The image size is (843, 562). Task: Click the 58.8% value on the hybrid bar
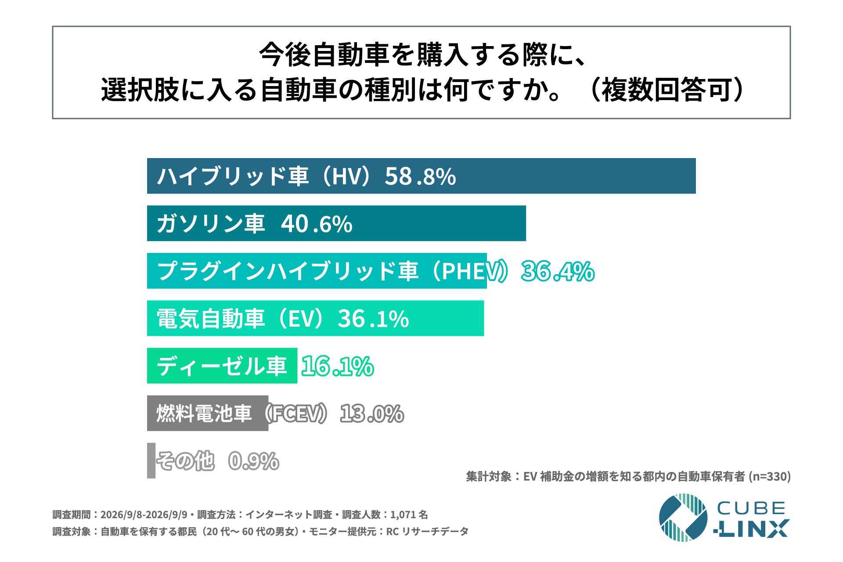tap(420, 177)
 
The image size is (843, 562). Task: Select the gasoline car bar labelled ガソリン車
tap(336, 223)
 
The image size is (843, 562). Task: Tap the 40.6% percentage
tap(316, 224)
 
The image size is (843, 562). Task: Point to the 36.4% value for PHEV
tap(558, 271)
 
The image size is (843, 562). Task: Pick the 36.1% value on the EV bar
tap(373, 319)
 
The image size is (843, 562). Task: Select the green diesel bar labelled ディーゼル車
tap(222, 366)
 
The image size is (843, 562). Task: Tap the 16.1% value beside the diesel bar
tap(337, 366)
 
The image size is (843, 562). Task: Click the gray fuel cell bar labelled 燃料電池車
tap(208, 413)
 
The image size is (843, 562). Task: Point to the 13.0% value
tap(372, 414)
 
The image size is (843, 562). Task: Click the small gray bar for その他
tap(151, 461)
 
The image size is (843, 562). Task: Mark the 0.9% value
tap(254, 461)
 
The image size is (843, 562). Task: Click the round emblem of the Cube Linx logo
tap(683, 517)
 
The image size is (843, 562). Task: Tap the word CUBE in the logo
tap(751, 508)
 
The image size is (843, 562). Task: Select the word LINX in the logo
tap(751, 529)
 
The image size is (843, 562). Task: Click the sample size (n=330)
tap(769, 476)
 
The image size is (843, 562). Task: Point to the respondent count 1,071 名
tap(409, 515)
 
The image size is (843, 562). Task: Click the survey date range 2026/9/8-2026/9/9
tap(144, 515)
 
